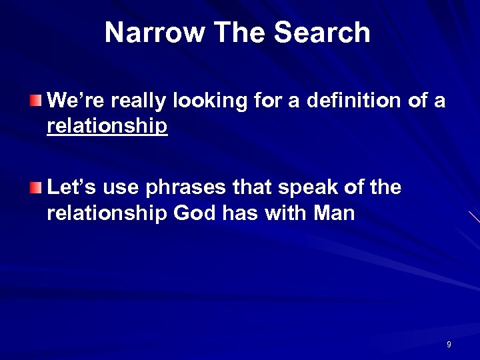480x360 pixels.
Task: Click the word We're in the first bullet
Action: pyautogui.click(x=72, y=101)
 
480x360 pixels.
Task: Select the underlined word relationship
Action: pyautogui.click(x=107, y=126)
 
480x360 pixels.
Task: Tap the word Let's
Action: pyautogui.click(x=71, y=188)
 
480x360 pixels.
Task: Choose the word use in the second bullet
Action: pyautogui.click(x=118, y=189)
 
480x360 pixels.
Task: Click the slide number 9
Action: pyautogui.click(x=449, y=344)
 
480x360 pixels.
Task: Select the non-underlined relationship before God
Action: pyautogui.click(x=107, y=214)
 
